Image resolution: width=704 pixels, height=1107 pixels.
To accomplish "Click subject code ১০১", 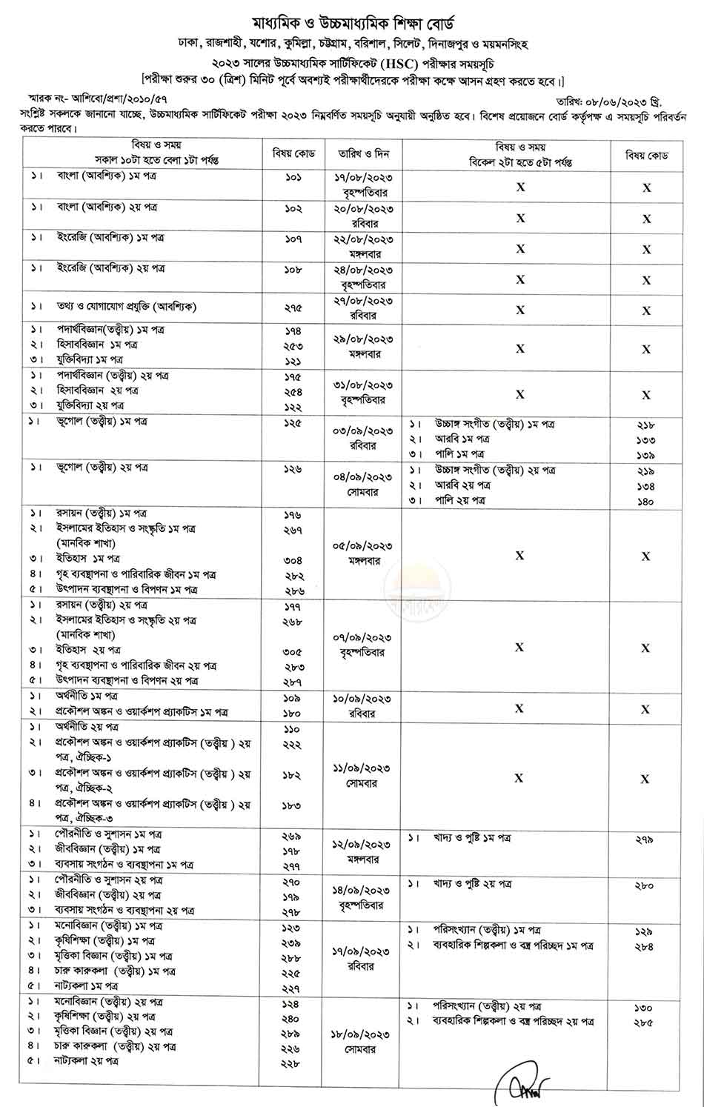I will (293, 179).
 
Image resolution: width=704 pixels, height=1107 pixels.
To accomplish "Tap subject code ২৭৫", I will (293, 306).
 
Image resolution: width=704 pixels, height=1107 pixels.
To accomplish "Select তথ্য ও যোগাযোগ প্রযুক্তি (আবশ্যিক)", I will (127, 306).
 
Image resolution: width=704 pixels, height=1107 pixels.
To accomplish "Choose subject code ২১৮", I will (645, 425).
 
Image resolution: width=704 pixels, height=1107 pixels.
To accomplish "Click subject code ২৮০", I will (644, 885).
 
